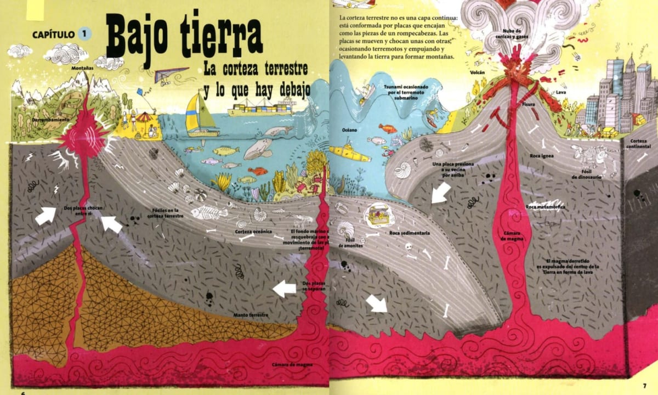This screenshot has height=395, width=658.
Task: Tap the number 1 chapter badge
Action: [84, 34]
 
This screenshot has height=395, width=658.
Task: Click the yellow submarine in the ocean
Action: [349, 151]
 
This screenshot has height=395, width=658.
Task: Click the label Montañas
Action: [82, 69]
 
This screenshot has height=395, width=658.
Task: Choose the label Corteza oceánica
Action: [254, 232]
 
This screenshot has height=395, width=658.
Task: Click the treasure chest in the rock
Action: [378, 216]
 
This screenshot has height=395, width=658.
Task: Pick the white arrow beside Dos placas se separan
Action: [285, 289]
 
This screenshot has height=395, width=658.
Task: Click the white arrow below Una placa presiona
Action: [441, 193]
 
